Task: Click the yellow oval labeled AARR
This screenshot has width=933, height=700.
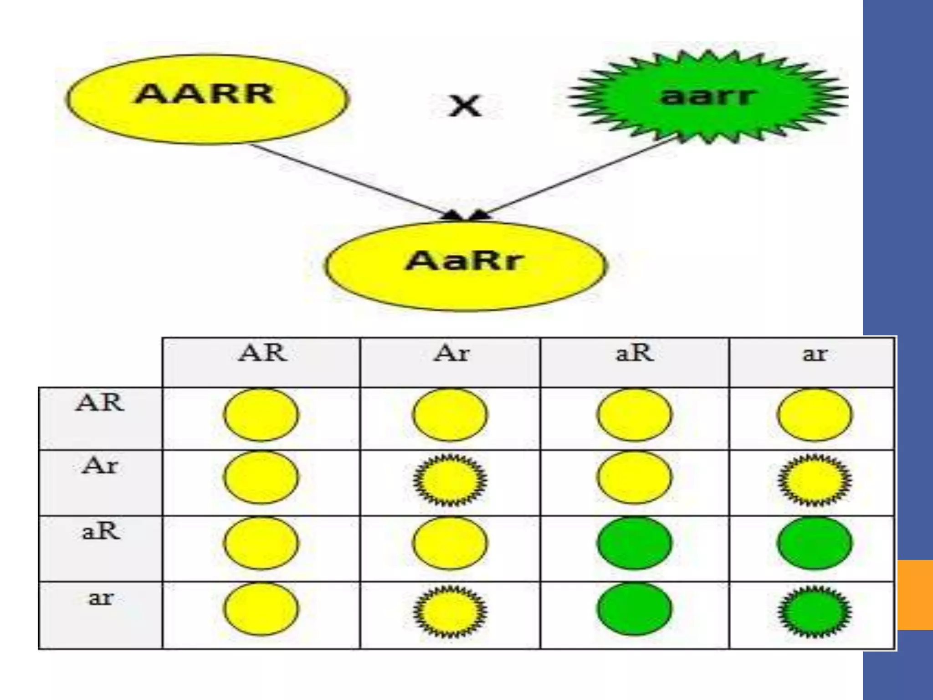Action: click(206, 99)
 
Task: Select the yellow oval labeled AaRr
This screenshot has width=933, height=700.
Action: click(466, 266)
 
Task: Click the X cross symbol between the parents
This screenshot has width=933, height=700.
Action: click(465, 106)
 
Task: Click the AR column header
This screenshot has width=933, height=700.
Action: click(262, 354)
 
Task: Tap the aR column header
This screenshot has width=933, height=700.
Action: click(634, 354)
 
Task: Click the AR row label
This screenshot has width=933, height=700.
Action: click(100, 403)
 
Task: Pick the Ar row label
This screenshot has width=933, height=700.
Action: click(100, 466)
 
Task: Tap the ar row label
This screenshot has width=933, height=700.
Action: click(100, 597)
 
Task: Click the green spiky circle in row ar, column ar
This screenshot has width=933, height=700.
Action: click(814, 611)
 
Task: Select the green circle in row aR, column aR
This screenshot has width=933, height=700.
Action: click(634, 543)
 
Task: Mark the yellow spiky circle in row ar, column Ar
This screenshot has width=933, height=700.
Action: click(450, 611)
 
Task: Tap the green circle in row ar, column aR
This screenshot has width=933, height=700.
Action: click(634, 609)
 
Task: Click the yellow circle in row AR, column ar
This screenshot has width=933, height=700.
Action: click(814, 415)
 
